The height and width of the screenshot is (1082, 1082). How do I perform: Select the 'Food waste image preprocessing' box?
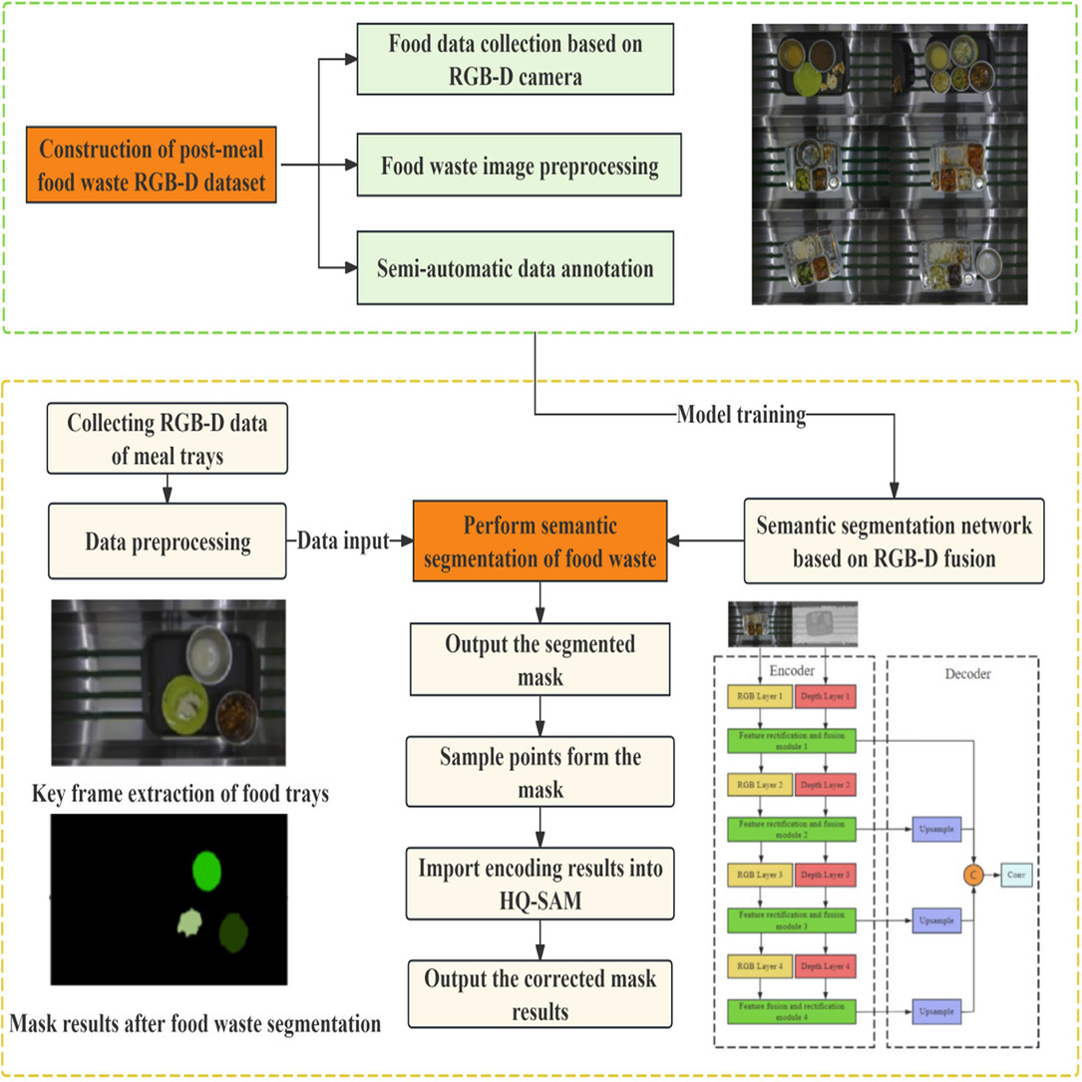pyautogui.click(x=520, y=166)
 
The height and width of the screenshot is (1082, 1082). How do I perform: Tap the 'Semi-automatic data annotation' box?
pyautogui.click(x=520, y=269)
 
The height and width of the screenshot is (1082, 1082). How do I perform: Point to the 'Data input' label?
pyautogui.click(x=344, y=541)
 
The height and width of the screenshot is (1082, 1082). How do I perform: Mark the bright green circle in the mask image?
pyautogui.click(x=207, y=871)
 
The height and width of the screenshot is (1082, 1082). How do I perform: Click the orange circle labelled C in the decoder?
pyautogui.click(x=972, y=875)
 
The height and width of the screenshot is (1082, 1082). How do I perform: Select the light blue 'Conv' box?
pyautogui.click(x=1016, y=875)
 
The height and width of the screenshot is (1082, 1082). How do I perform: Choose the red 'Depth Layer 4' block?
pyautogui.click(x=825, y=965)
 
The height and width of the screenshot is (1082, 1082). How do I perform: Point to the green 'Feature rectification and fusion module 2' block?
pyautogui.click(x=793, y=830)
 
